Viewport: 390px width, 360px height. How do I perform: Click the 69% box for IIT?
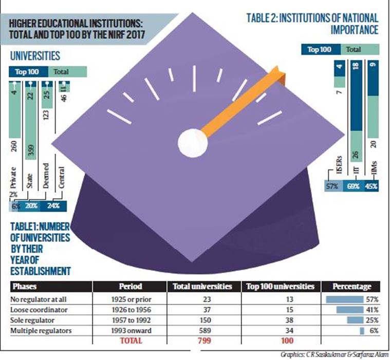click(353, 186)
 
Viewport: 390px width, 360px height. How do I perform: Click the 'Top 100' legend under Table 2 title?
click(320, 50)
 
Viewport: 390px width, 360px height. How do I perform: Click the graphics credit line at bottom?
click(335, 354)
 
